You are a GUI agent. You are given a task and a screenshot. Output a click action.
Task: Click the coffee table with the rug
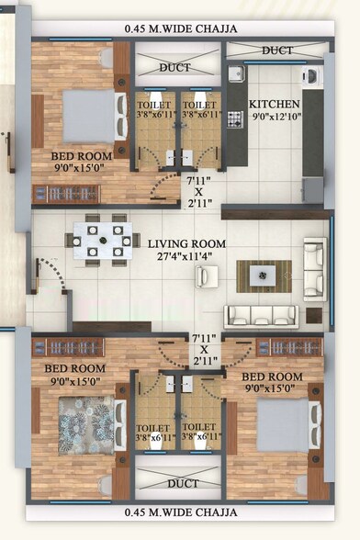point(264,275)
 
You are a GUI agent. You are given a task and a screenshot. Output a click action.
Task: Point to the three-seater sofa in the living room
point(262,316)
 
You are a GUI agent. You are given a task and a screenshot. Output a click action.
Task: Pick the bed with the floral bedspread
point(88,423)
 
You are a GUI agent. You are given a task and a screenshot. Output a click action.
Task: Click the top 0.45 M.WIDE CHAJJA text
point(181,28)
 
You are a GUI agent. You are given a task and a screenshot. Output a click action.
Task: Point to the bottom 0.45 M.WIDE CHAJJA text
point(181,512)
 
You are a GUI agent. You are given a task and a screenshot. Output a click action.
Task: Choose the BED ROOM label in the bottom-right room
point(273,377)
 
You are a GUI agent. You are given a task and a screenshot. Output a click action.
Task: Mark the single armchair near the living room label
point(206,276)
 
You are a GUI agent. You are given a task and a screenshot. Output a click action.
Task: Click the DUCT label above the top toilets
point(175,67)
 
